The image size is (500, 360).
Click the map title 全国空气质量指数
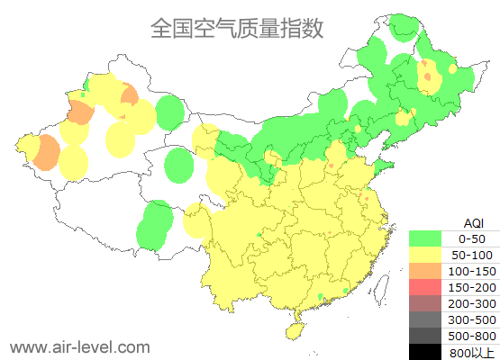pyautogui.click(x=236, y=28)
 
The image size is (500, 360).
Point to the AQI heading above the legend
pyautogui.click(x=474, y=222)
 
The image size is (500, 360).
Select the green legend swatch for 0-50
pyautogui.click(x=429, y=238)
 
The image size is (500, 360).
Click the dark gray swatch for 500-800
pyautogui.click(x=429, y=336)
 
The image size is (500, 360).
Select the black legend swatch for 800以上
pyautogui.click(x=429, y=351)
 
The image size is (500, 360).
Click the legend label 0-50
pyautogui.click(x=472, y=238)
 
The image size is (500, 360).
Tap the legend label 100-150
pyautogui.click(x=472, y=271)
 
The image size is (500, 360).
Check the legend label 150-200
pyautogui.click(x=472, y=287)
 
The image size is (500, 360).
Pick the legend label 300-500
pyautogui.click(x=472, y=319)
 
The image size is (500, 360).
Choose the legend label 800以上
pyautogui.click(x=472, y=352)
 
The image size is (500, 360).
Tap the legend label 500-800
pyautogui.click(x=472, y=336)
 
